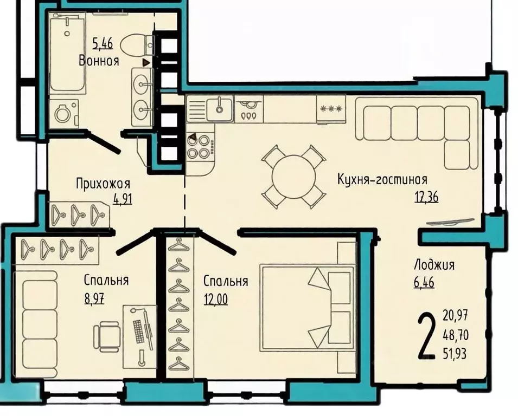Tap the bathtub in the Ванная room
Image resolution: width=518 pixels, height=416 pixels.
point(66,54)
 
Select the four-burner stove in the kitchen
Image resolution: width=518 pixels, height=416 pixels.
point(199,146)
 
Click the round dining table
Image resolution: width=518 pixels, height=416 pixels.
point(293,177)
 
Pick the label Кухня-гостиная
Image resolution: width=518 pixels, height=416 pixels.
point(382,180)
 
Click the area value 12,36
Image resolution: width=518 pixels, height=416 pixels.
point(426,197)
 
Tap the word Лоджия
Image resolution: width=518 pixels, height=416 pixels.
point(434,265)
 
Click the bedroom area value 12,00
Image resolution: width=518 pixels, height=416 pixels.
point(215,298)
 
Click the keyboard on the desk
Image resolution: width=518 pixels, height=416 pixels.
point(139,331)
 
